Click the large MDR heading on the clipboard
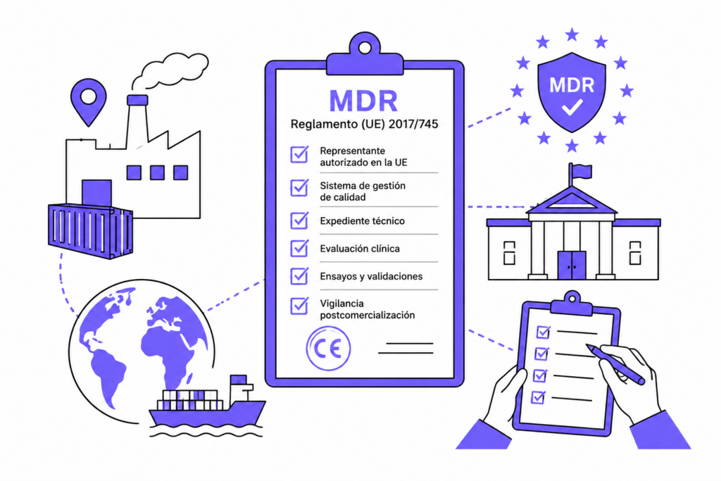[x=363, y=100]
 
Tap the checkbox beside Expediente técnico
[x=299, y=220]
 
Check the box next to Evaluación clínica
[x=299, y=249]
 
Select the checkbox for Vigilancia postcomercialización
[x=299, y=306]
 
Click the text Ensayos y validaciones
[x=371, y=276]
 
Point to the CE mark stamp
[x=328, y=349]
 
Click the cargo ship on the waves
[x=207, y=401]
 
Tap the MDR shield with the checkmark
[x=572, y=92]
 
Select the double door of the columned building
[x=572, y=266]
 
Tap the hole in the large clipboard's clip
[x=365, y=48]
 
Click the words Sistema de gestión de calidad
[x=363, y=192]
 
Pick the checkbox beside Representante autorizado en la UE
[x=299, y=154]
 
